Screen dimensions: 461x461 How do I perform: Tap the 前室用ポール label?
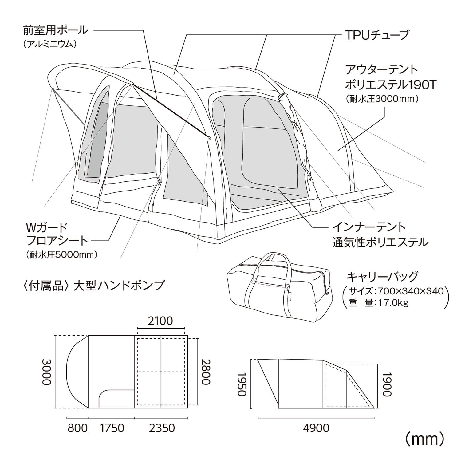(56, 30)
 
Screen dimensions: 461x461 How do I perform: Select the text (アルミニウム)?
(49, 45)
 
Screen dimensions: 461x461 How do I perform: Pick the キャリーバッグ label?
(382, 276)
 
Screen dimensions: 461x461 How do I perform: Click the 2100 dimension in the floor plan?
(160, 321)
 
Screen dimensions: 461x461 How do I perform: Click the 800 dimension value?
(77, 428)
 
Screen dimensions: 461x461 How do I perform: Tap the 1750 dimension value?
(111, 428)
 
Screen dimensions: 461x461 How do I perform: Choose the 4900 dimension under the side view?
(316, 428)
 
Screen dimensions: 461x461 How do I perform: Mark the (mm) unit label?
(424, 440)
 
